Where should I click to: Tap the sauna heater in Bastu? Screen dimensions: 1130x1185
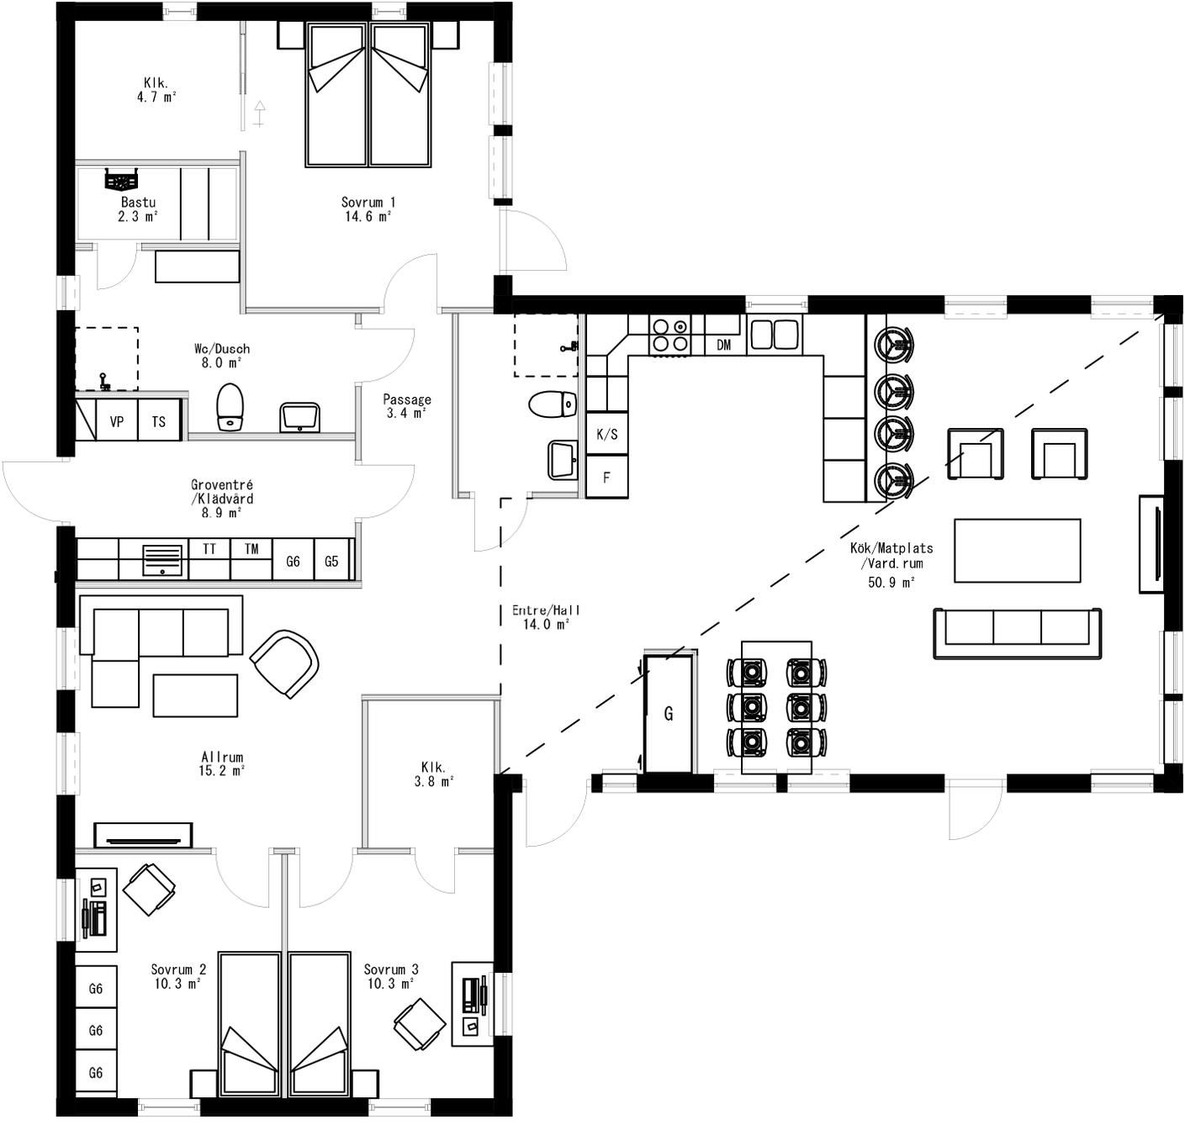coord(121,179)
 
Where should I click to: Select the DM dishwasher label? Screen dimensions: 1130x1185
coord(723,345)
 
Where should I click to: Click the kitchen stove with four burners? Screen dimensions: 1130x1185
coord(669,334)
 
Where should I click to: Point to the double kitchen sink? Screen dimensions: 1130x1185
coord(774,334)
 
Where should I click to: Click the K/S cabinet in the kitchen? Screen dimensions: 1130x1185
coord(606,434)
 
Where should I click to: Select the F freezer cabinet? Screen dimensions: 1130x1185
coord(606,478)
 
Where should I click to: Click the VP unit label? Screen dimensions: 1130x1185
coord(117,421)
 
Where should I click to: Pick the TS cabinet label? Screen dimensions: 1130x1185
coord(159,421)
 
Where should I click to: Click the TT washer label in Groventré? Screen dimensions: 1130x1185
coord(209,549)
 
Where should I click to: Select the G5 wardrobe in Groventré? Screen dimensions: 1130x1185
coord(331,560)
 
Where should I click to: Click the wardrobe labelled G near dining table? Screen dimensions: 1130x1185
coord(669,714)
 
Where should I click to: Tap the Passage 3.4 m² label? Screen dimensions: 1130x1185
coord(407,406)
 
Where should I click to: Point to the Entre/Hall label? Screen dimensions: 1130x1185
coord(546,617)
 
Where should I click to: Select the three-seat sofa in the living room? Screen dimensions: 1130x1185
coord(1017,632)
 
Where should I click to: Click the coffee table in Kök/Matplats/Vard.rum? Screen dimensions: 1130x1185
coord(1017,550)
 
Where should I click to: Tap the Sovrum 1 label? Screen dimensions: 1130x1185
coord(368,209)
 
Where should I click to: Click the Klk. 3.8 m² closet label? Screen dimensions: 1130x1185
coord(433,774)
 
